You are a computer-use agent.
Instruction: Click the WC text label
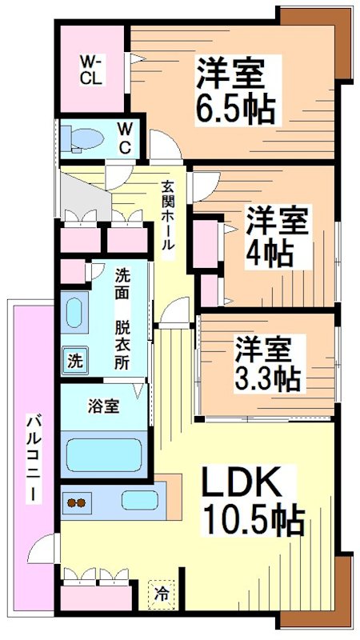coord(126,138)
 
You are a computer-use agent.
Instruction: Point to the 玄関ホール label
coord(168,217)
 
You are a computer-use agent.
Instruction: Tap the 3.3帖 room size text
coord(267,376)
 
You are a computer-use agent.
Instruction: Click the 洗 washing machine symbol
coord(74,360)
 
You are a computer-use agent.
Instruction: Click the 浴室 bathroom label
coord(103,406)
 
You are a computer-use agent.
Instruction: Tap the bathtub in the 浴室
coord(104,454)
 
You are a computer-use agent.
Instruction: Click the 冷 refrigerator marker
coord(162,594)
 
